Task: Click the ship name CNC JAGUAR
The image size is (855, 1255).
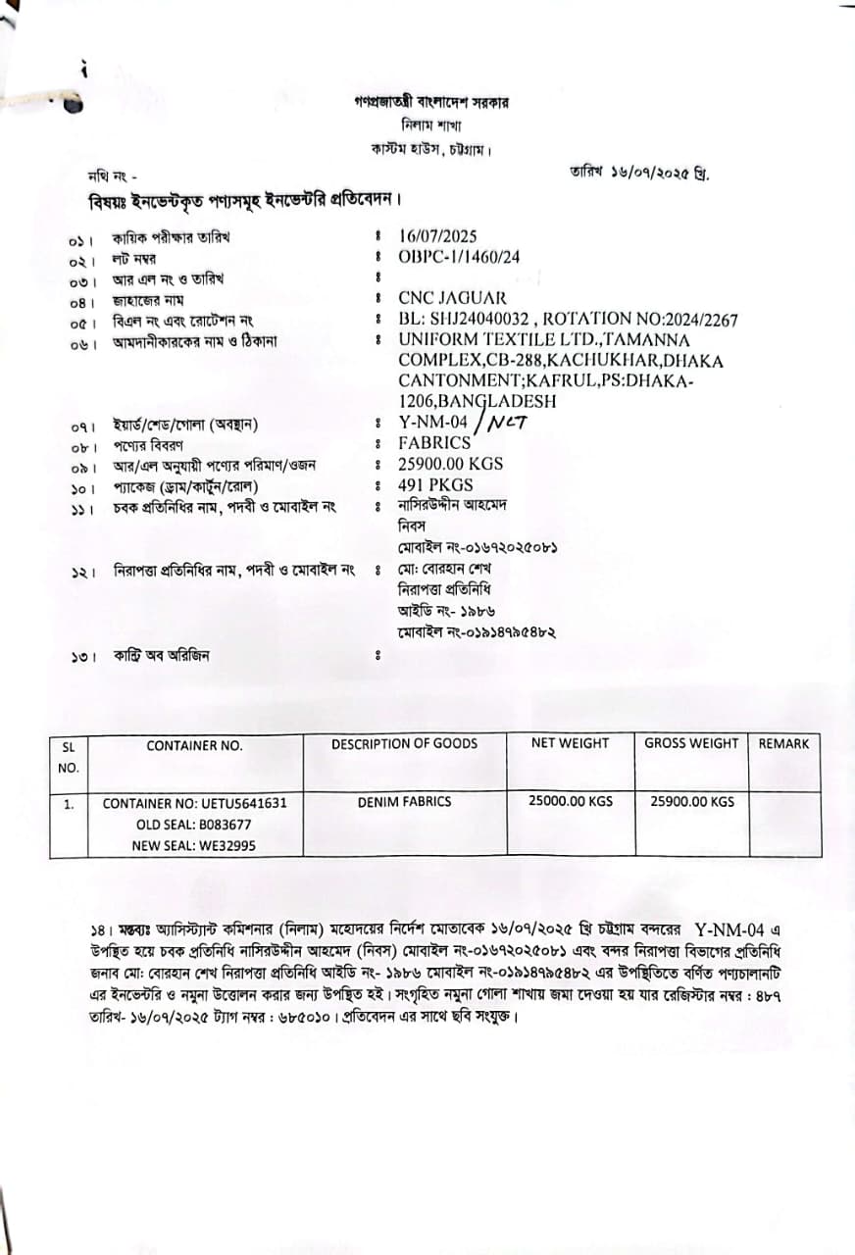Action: pos(452,298)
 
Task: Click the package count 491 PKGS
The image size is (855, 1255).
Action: pos(435,485)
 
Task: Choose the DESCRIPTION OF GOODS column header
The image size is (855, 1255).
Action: pos(404,744)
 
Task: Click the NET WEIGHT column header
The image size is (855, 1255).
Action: pos(570,743)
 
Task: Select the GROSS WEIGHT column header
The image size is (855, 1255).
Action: pos(691,743)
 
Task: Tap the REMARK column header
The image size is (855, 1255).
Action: pos(783,744)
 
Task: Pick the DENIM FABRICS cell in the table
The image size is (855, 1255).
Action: pos(404,802)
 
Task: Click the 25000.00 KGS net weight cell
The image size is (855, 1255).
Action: pos(570,801)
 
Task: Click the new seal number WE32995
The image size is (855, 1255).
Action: pos(225,846)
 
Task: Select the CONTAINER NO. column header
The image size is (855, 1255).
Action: pos(194,746)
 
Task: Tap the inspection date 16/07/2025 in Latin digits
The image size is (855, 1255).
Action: pos(437,236)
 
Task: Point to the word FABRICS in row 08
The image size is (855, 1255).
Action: pos(434,443)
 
